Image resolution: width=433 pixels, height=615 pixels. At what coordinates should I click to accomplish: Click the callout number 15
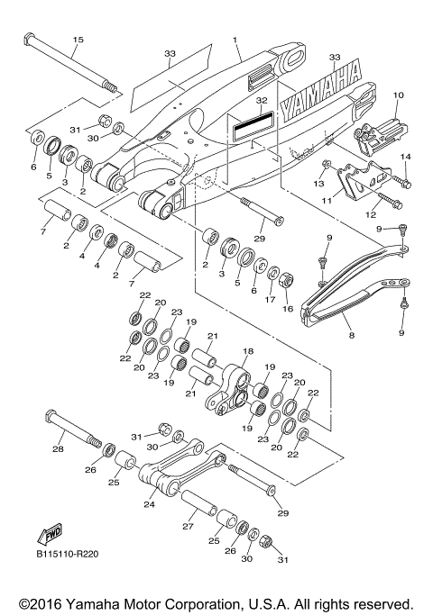click(x=78, y=40)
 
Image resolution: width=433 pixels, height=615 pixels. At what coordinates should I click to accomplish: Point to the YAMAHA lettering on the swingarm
click(x=320, y=96)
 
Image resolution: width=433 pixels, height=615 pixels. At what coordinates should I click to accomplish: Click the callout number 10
click(x=399, y=95)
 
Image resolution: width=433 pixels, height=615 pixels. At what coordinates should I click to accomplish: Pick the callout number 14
click(x=405, y=157)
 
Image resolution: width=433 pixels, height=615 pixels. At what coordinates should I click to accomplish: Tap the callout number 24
click(x=150, y=505)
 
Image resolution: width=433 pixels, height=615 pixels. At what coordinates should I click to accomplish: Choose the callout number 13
click(x=318, y=185)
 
